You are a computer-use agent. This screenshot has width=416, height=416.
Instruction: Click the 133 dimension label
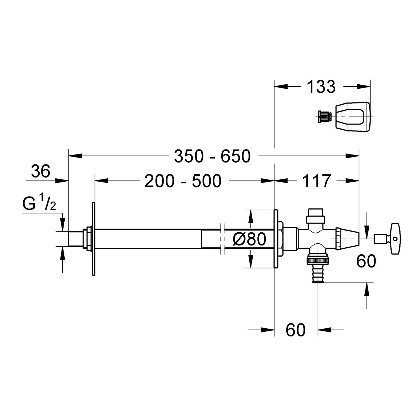pyautogui.click(x=321, y=87)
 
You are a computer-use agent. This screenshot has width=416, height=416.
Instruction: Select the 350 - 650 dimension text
pyautogui.click(x=212, y=156)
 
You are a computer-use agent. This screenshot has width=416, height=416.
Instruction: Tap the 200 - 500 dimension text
pyautogui.click(x=183, y=181)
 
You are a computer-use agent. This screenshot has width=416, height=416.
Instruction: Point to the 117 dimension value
pyautogui.click(x=316, y=181)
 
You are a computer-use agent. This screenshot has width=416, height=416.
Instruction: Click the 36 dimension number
pyautogui.click(x=41, y=171)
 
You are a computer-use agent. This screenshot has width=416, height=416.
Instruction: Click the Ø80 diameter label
pyautogui.click(x=249, y=239)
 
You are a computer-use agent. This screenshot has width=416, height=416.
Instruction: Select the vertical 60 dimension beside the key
pyautogui.click(x=366, y=261)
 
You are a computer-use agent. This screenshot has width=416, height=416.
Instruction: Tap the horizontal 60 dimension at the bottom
pyautogui.click(x=296, y=330)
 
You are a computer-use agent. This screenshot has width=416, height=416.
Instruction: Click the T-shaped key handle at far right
pyautogui.click(x=395, y=239)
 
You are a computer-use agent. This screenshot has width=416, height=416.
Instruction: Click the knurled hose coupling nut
pyautogui.click(x=318, y=260)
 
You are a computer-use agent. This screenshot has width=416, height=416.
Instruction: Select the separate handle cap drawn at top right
pyautogui.click(x=353, y=116)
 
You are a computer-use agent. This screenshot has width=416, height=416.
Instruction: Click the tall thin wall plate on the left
pyautogui.click(x=94, y=239)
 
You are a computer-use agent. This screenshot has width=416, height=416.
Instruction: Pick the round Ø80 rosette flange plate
pyautogui.click(x=276, y=239)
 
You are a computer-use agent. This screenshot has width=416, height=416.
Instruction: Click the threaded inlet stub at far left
pyautogui.click(x=75, y=239)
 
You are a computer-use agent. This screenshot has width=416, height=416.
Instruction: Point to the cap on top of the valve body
pyautogui.click(x=316, y=216)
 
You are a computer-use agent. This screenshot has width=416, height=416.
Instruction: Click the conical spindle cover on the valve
pyautogui.click(x=347, y=239)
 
